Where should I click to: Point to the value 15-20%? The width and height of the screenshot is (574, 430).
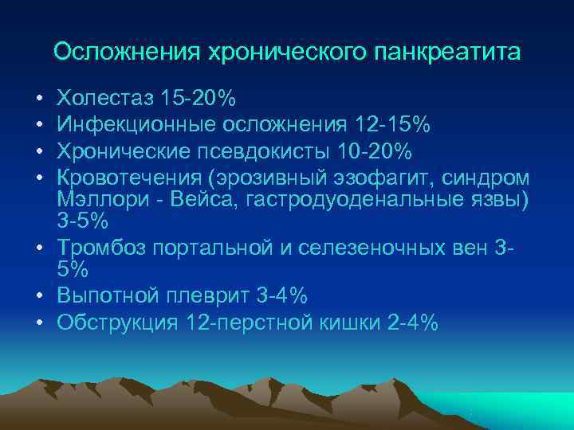[x=199, y=99]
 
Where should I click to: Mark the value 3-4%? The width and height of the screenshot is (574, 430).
[x=282, y=295]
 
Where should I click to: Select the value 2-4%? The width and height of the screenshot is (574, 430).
[x=410, y=322]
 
